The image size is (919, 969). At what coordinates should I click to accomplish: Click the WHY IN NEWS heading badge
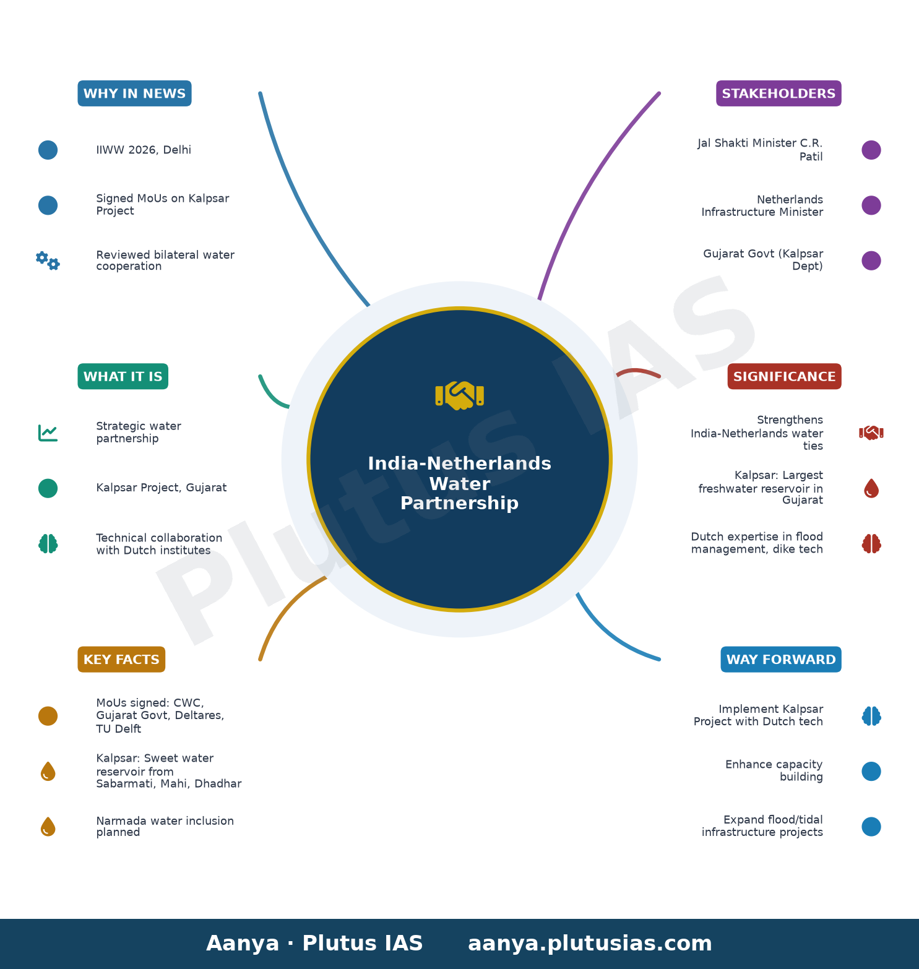pyautogui.click(x=134, y=93)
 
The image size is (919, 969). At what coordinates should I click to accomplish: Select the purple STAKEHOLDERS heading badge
pyautogui.click(x=779, y=93)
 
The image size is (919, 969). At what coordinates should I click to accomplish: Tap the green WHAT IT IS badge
pyautogui.click(x=123, y=376)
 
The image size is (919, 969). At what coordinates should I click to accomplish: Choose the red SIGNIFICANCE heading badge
pyautogui.click(x=784, y=376)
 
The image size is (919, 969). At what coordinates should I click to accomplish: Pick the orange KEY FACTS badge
pyautogui.click(x=121, y=659)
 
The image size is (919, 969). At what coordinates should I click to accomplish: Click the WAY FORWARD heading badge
pyautogui.click(x=781, y=659)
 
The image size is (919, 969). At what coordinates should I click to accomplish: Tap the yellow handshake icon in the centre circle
pyautogui.click(x=459, y=395)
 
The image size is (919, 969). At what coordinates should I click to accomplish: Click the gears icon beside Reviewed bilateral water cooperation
pyautogui.click(x=48, y=261)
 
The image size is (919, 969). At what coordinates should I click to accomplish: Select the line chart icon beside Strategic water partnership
pyautogui.click(x=48, y=433)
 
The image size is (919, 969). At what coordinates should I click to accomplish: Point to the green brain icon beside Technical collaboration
pyautogui.click(x=48, y=544)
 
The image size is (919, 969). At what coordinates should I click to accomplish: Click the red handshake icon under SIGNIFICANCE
pyautogui.click(x=871, y=433)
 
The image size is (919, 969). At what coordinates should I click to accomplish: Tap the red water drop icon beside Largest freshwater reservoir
pyautogui.click(x=871, y=488)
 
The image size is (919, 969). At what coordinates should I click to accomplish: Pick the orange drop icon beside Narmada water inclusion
pyautogui.click(x=48, y=827)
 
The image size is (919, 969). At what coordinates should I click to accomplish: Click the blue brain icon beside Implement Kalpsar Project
pyautogui.click(x=871, y=716)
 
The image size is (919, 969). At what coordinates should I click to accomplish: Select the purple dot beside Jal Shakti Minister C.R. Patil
pyautogui.click(x=871, y=150)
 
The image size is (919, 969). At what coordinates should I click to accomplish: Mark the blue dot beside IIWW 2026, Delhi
pyautogui.click(x=48, y=150)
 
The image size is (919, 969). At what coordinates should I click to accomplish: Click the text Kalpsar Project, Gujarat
pyautogui.click(x=162, y=488)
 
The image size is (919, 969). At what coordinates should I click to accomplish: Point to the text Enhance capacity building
pyautogui.click(x=774, y=770)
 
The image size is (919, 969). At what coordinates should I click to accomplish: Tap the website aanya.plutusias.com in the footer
pyautogui.click(x=590, y=944)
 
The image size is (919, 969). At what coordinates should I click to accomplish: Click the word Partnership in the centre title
pyautogui.click(x=459, y=503)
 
